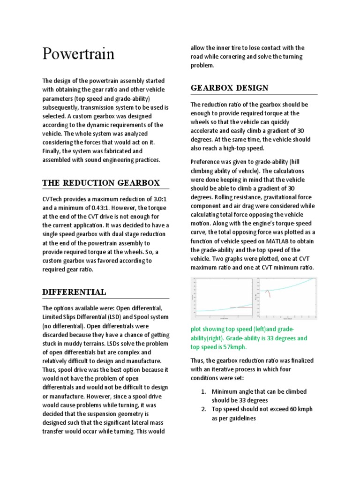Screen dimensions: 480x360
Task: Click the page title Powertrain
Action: (78, 53)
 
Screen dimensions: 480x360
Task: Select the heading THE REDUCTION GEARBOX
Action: (101, 183)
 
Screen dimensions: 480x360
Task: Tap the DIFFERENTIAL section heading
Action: (74, 292)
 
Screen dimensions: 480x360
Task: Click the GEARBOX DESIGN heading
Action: (229, 88)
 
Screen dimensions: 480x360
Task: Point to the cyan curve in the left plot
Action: (206, 310)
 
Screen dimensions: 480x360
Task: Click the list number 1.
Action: (204, 391)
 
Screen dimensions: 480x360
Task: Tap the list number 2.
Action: (204, 409)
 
